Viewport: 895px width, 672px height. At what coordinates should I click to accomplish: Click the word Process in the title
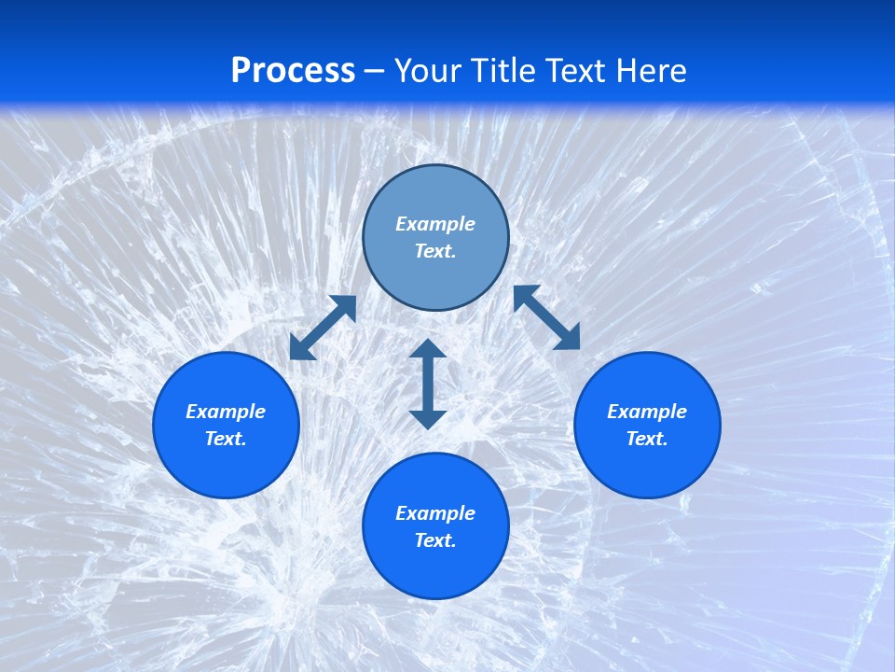coord(293,71)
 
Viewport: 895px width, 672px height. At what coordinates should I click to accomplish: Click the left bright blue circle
coord(226,467)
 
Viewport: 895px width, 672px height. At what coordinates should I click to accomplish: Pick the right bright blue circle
coord(647,467)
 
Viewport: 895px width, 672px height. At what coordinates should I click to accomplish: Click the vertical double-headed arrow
coord(428,384)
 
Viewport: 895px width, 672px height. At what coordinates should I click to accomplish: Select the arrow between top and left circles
coord(323,328)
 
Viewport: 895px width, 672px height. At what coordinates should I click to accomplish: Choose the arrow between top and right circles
coord(546,317)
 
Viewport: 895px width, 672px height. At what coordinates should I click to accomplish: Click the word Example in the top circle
coord(435,224)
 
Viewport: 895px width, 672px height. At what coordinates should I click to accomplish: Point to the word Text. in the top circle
coord(435,251)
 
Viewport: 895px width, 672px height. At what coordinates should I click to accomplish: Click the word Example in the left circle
coord(226,412)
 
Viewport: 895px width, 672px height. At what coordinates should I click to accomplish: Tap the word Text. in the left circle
coord(226,439)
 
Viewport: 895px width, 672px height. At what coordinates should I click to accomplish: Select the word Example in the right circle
coord(647,412)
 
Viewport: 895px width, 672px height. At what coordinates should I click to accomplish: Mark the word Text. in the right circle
coord(647,439)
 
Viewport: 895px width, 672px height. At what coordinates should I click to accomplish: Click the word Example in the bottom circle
coord(435,513)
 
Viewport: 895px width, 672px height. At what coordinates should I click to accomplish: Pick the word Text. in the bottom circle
coord(435,540)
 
